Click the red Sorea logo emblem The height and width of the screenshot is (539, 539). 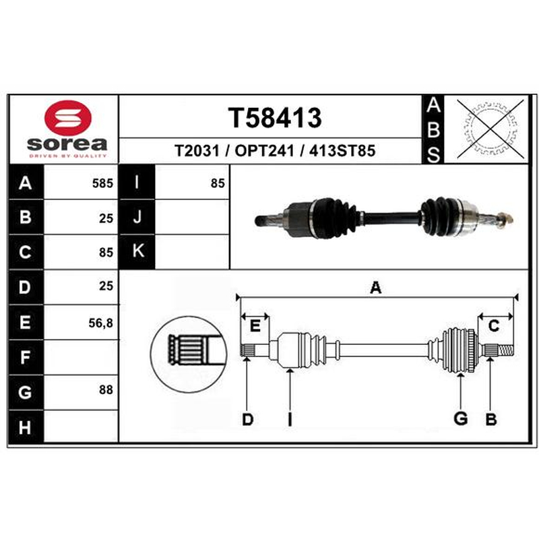tap(68, 117)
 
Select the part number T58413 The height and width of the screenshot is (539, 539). tap(275, 117)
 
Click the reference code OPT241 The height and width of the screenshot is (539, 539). tap(264, 150)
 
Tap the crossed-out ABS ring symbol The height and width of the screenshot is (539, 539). tap(490, 129)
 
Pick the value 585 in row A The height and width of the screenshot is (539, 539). tap(102, 183)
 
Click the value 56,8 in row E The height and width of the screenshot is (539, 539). tap(100, 323)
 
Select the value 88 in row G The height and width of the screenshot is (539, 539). tap(106, 389)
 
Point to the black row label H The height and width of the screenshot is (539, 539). tap(26, 427)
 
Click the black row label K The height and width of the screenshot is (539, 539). tap(137, 251)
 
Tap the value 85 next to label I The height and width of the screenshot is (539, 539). tap(218, 183)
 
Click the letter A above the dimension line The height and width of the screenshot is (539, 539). tap(376, 288)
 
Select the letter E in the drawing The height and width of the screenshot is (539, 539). tap(255, 325)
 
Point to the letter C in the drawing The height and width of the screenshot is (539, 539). tap(494, 325)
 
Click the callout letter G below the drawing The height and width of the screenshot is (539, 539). tap(461, 418)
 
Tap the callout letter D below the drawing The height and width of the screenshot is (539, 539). tap(247, 419)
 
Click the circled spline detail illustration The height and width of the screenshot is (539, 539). tap(189, 354)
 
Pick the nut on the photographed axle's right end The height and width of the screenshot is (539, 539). tap(503, 218)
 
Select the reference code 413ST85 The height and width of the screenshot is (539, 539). tap(342, 150)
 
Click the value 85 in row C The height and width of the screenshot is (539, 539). tap(106, 252)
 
